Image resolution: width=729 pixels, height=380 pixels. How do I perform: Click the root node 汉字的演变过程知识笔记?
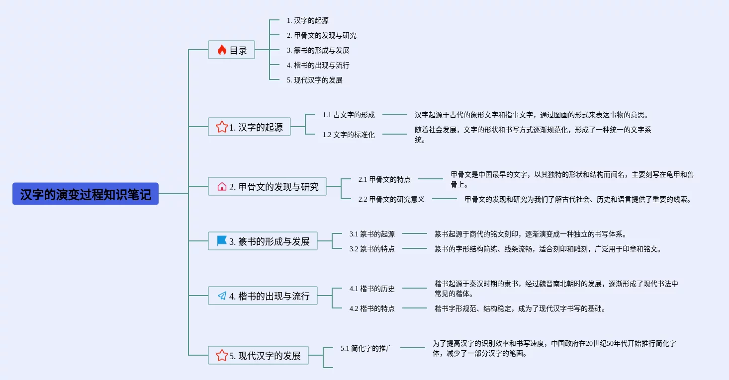click(x=86, y=194)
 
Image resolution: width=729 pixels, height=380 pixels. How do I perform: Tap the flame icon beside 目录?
click(x=222, y=50)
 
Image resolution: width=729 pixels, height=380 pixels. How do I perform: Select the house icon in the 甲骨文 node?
click(x=222, y=187)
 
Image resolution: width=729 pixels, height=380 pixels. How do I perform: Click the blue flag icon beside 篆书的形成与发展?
click(x=222, y=241)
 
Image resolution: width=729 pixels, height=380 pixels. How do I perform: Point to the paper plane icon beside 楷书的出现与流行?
click(x=222, y=296)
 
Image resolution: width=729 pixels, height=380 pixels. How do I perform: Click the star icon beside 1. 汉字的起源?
click(x=222, y=127)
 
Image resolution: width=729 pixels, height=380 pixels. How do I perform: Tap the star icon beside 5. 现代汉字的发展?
click(x=222, y=356)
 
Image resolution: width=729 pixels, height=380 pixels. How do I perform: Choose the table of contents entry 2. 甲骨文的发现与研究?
click(x=321, y=36)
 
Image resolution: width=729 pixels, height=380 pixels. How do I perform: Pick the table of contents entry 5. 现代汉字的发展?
click(x=314, y=80)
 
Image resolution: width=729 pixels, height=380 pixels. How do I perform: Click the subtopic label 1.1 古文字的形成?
click(x=349, y=115)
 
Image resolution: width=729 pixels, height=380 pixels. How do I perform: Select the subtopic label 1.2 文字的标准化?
click(x=349, y=135)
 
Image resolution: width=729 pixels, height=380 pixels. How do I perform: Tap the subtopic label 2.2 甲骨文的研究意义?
click(x=391, y=199)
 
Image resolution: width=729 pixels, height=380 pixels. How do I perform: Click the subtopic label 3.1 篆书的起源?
click(x=372, y=234)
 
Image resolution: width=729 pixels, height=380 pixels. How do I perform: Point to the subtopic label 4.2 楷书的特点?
click(x=372, y=308)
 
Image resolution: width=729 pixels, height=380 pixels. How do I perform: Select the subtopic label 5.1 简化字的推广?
click(x=366, y=348)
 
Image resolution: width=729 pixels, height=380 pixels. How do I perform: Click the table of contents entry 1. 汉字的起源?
click(x=307, y=21)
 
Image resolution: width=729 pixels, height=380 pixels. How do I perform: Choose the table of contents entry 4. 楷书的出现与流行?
click(x=318, y=65)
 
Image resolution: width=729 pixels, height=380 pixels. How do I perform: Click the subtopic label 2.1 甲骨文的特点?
click(x=384, y=179)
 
